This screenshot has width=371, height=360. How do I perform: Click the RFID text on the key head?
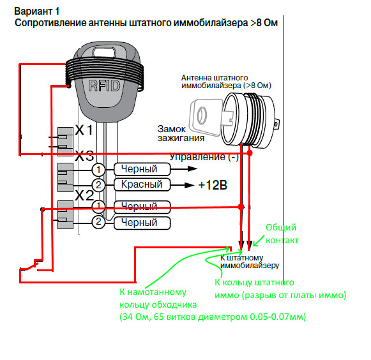pos(104,86)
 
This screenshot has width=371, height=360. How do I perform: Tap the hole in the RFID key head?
pos(104,52)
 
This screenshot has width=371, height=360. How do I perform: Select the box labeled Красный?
pos(142,184)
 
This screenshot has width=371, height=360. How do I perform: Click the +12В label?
pos(213,185)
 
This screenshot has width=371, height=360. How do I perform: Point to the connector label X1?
pos(84,130)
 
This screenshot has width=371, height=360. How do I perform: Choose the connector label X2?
pos(84,195)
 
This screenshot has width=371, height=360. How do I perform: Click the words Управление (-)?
pos(204,157)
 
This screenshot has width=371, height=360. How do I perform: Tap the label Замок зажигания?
pos(181,133)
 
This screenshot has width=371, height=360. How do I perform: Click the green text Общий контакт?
pos(282,234)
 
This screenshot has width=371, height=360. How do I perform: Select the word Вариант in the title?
pos(33,11)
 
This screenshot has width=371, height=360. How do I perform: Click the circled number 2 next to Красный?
pos(98,184)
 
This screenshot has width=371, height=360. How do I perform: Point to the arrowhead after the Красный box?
pos(190,185)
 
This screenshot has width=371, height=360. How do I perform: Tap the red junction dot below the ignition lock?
pos(250,153)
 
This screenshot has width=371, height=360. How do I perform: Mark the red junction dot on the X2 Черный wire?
pos(241,207)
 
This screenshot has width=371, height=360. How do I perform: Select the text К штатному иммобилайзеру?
pos(250,262)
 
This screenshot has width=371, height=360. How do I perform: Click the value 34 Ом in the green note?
pos(135,317)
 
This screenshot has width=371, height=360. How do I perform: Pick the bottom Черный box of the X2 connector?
pos(142,223)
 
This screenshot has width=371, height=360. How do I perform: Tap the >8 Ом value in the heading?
pos(264,23)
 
